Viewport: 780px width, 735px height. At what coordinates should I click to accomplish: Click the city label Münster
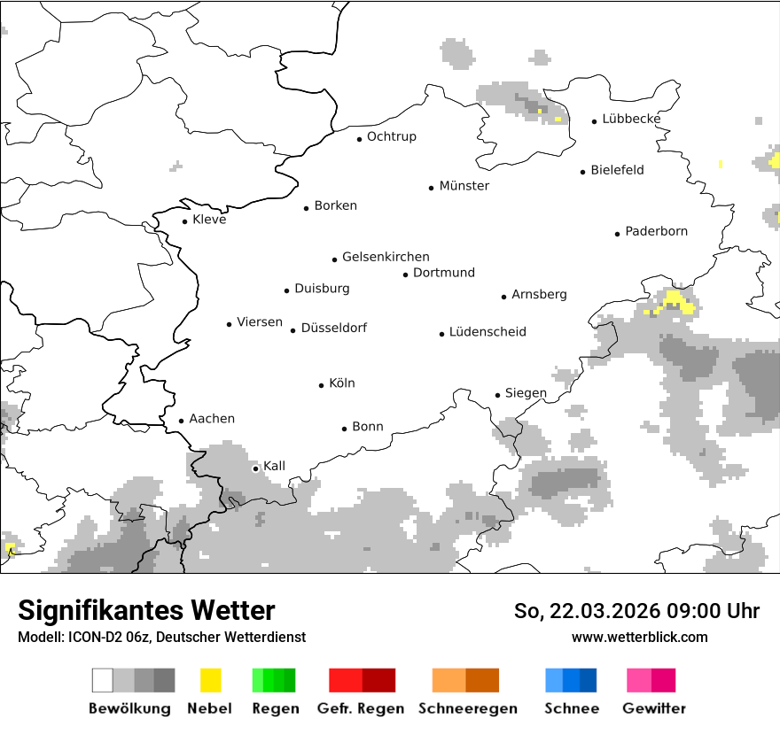click(464, 186)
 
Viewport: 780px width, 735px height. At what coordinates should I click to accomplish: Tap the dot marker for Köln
click(322, 385)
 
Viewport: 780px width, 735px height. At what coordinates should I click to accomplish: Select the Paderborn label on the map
click(656, 232)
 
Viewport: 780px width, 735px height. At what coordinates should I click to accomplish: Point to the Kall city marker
click(256, 468)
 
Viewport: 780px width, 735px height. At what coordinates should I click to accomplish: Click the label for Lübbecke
click(631, 119)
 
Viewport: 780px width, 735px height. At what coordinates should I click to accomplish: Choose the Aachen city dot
click(182, 422)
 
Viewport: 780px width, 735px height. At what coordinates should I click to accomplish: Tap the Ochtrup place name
click(391, 137)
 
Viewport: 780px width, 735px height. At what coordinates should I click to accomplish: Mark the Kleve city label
click(209, 220)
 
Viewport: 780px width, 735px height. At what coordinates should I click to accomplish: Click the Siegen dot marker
click(498, 395)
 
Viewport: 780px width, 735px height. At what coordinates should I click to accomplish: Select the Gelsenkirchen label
click(386, 257)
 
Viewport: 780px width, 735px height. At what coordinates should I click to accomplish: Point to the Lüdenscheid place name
click(487, 332)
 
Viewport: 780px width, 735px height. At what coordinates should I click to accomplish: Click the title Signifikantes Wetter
click(146, 611)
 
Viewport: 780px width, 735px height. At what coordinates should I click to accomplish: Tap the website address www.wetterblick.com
click(640, 638)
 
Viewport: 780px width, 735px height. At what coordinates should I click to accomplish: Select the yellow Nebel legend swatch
click(210, 680)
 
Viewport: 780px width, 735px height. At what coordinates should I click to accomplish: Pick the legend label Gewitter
click(653, 708)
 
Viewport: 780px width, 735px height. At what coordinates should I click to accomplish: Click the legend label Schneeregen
click(467, 708)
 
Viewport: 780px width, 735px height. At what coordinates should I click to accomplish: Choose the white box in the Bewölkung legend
click(103, 680)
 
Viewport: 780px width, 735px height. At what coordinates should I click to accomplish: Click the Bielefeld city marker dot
click(583, 172)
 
